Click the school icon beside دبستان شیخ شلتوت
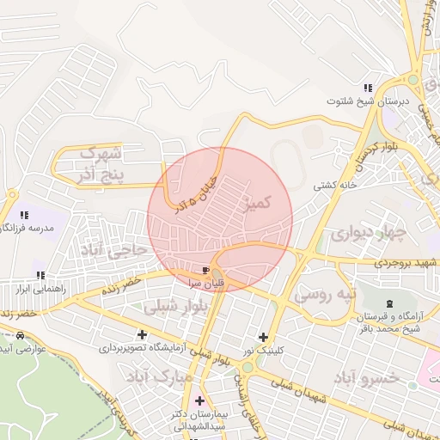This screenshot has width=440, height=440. pos(367,88)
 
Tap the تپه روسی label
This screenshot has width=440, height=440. pos(324,294)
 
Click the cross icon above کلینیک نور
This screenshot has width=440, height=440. pos(263,337)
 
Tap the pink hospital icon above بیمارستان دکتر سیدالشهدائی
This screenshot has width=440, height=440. pos(200,400)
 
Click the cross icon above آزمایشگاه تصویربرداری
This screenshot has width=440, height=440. pos(142,334)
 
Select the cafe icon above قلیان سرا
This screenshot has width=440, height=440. pos(206,268)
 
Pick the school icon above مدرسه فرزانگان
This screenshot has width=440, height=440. pos(24,214)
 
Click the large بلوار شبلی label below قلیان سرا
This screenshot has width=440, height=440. pos(172,306)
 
